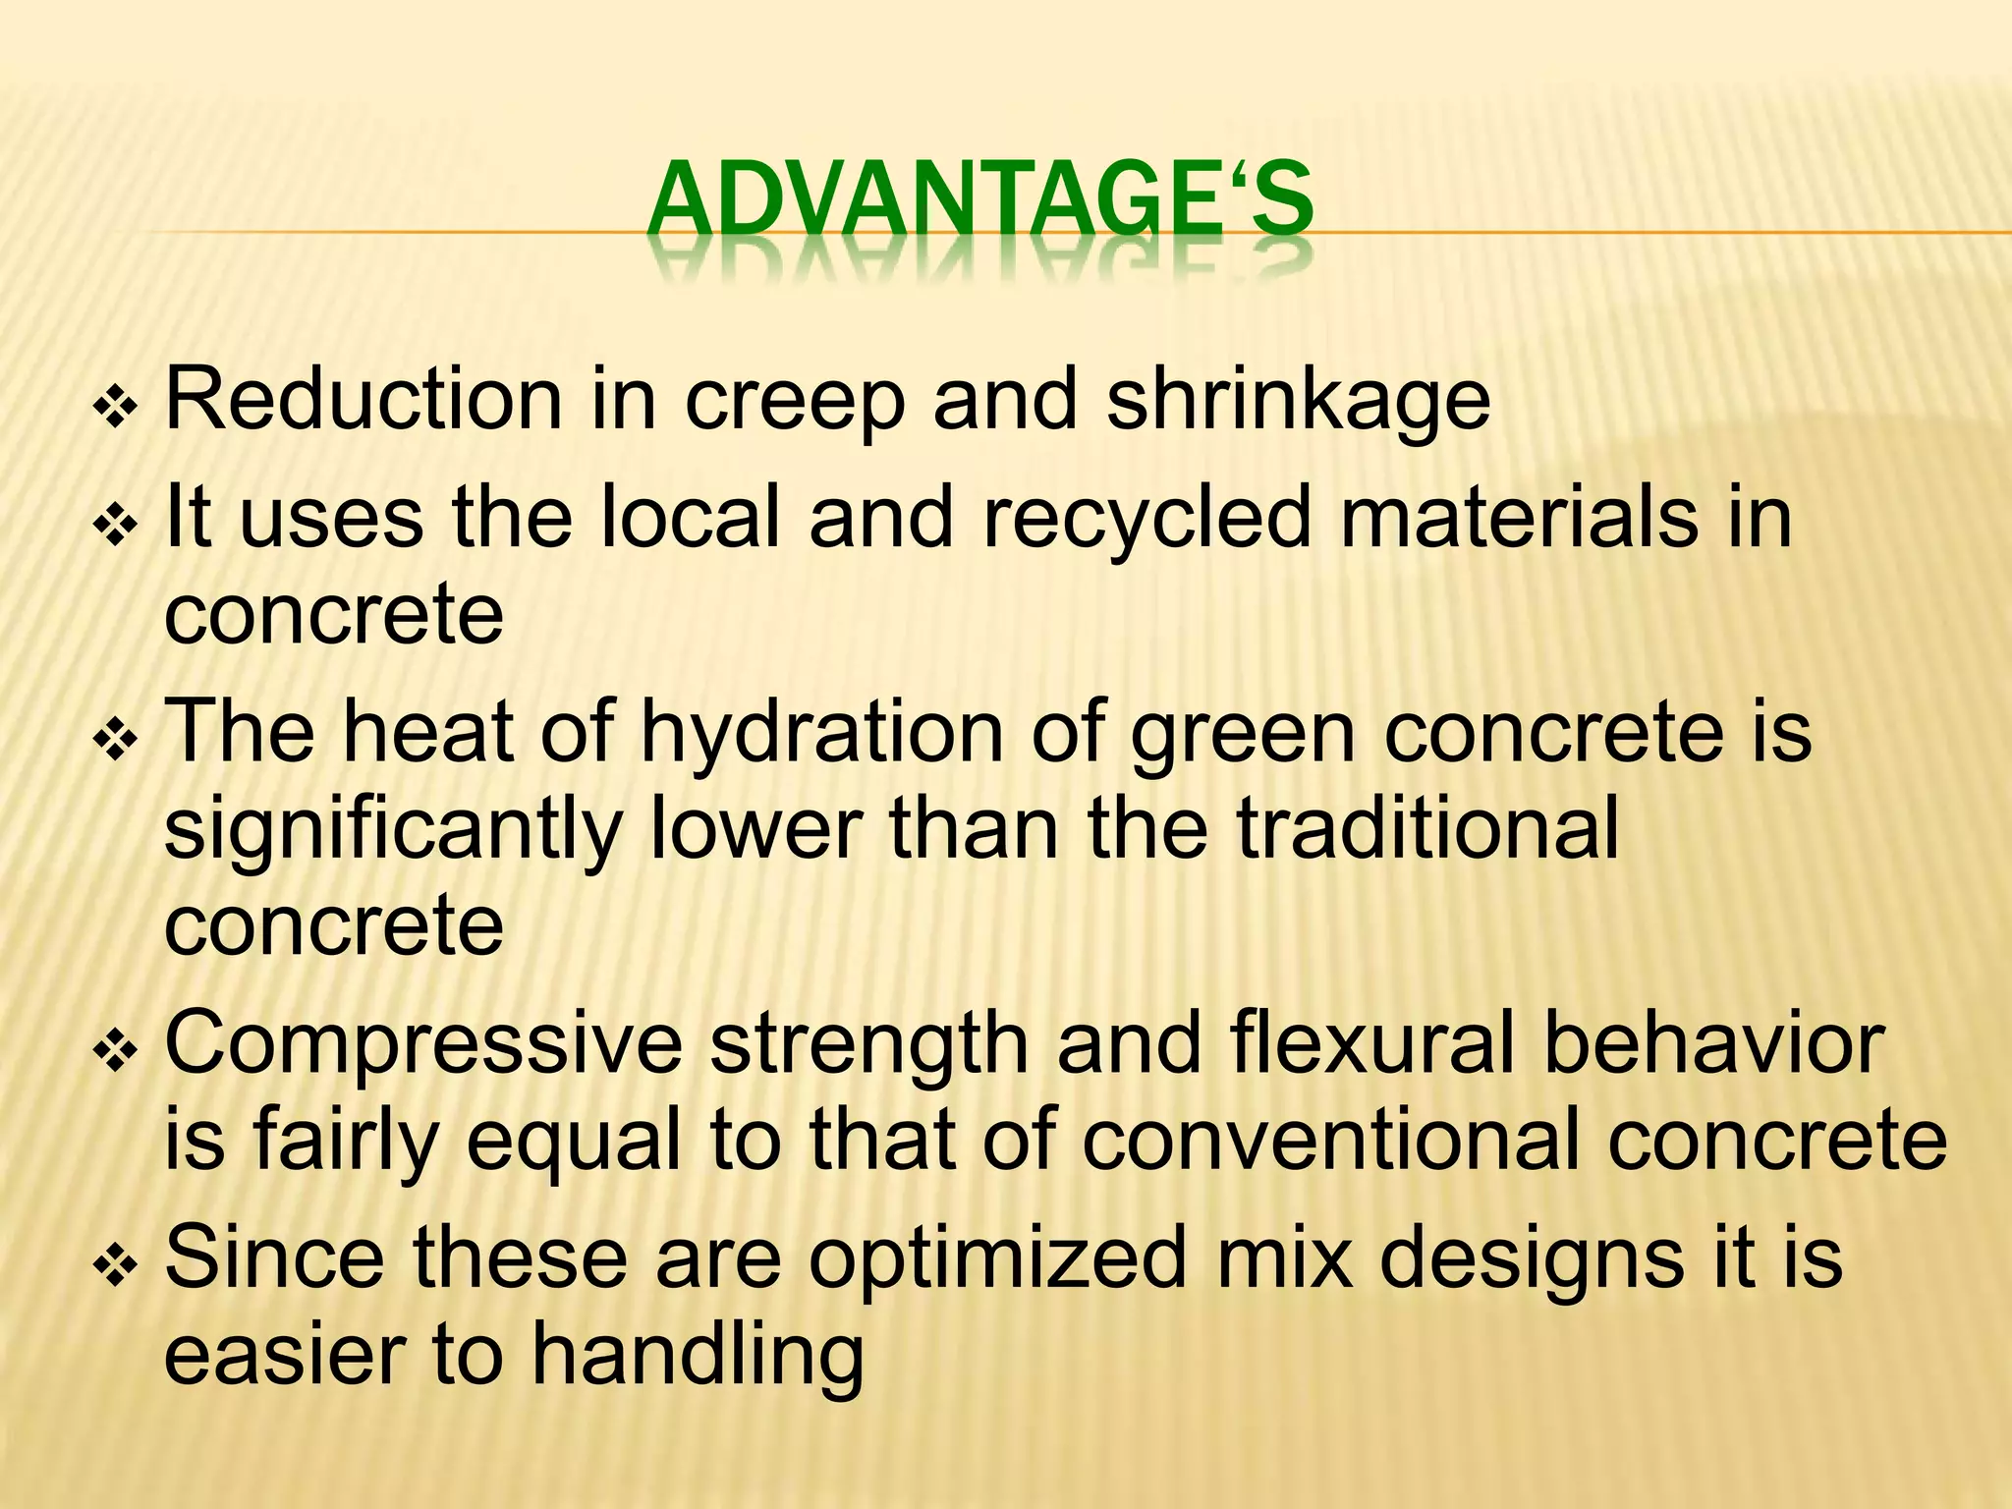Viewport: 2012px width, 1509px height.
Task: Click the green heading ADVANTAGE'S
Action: pyautogui.click(x=979, y=201)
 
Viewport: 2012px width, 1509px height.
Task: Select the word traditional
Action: pyautogui.click(x=1426, y=828)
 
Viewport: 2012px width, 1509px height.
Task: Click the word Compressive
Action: pyautogui.click(x=423, y=1045)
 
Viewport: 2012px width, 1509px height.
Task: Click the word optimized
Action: pyautogui.click(x=997, y=1258)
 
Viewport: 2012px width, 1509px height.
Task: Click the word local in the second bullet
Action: pyautogui.click(x=689, y=517)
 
